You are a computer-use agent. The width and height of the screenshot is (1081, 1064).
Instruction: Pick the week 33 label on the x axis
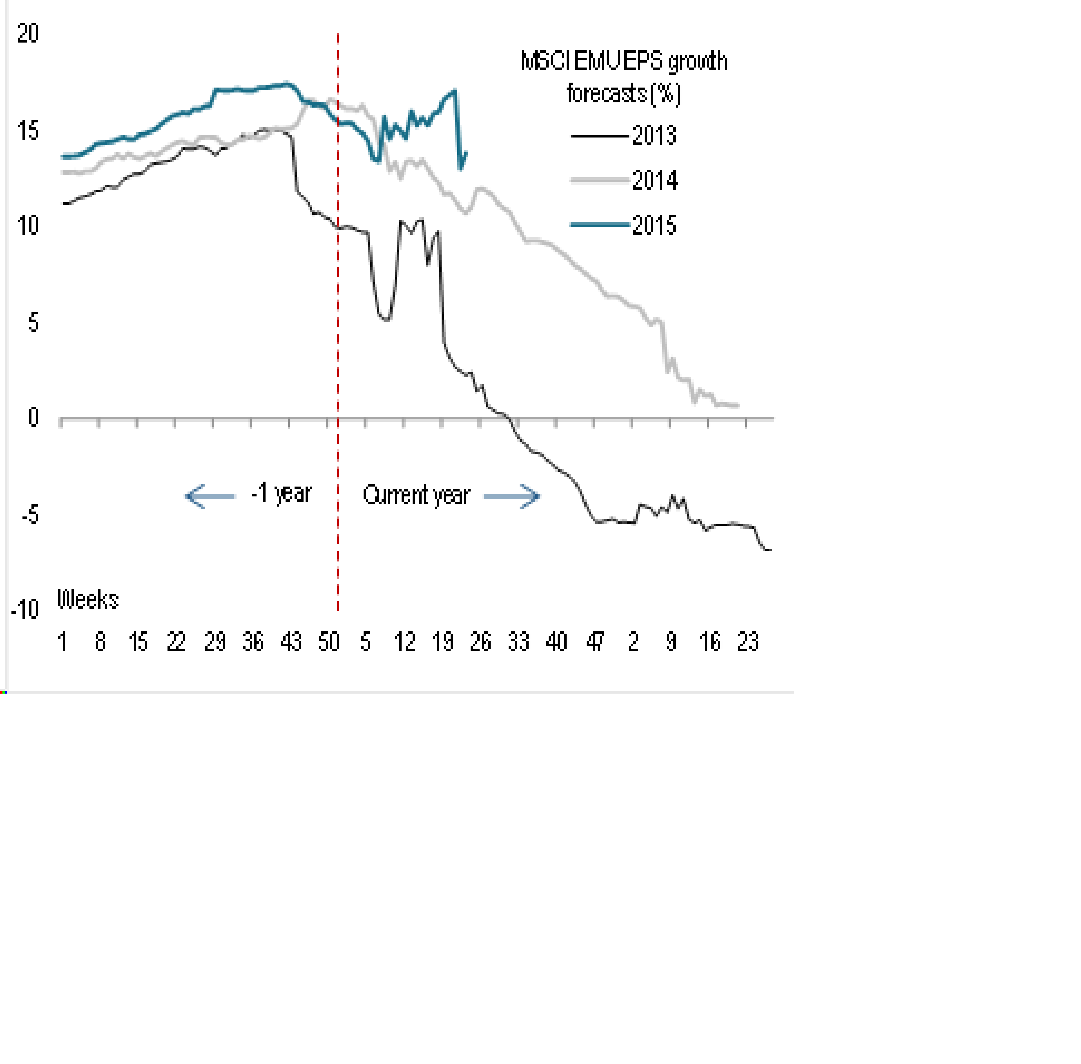pyautogui.click(x=518, y=642)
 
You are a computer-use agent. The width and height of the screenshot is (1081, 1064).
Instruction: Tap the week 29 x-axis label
pyautogui.click(x=214, y=642)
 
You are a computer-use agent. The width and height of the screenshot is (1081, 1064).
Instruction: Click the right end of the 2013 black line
pyautogui.click(x=769, y=550)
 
